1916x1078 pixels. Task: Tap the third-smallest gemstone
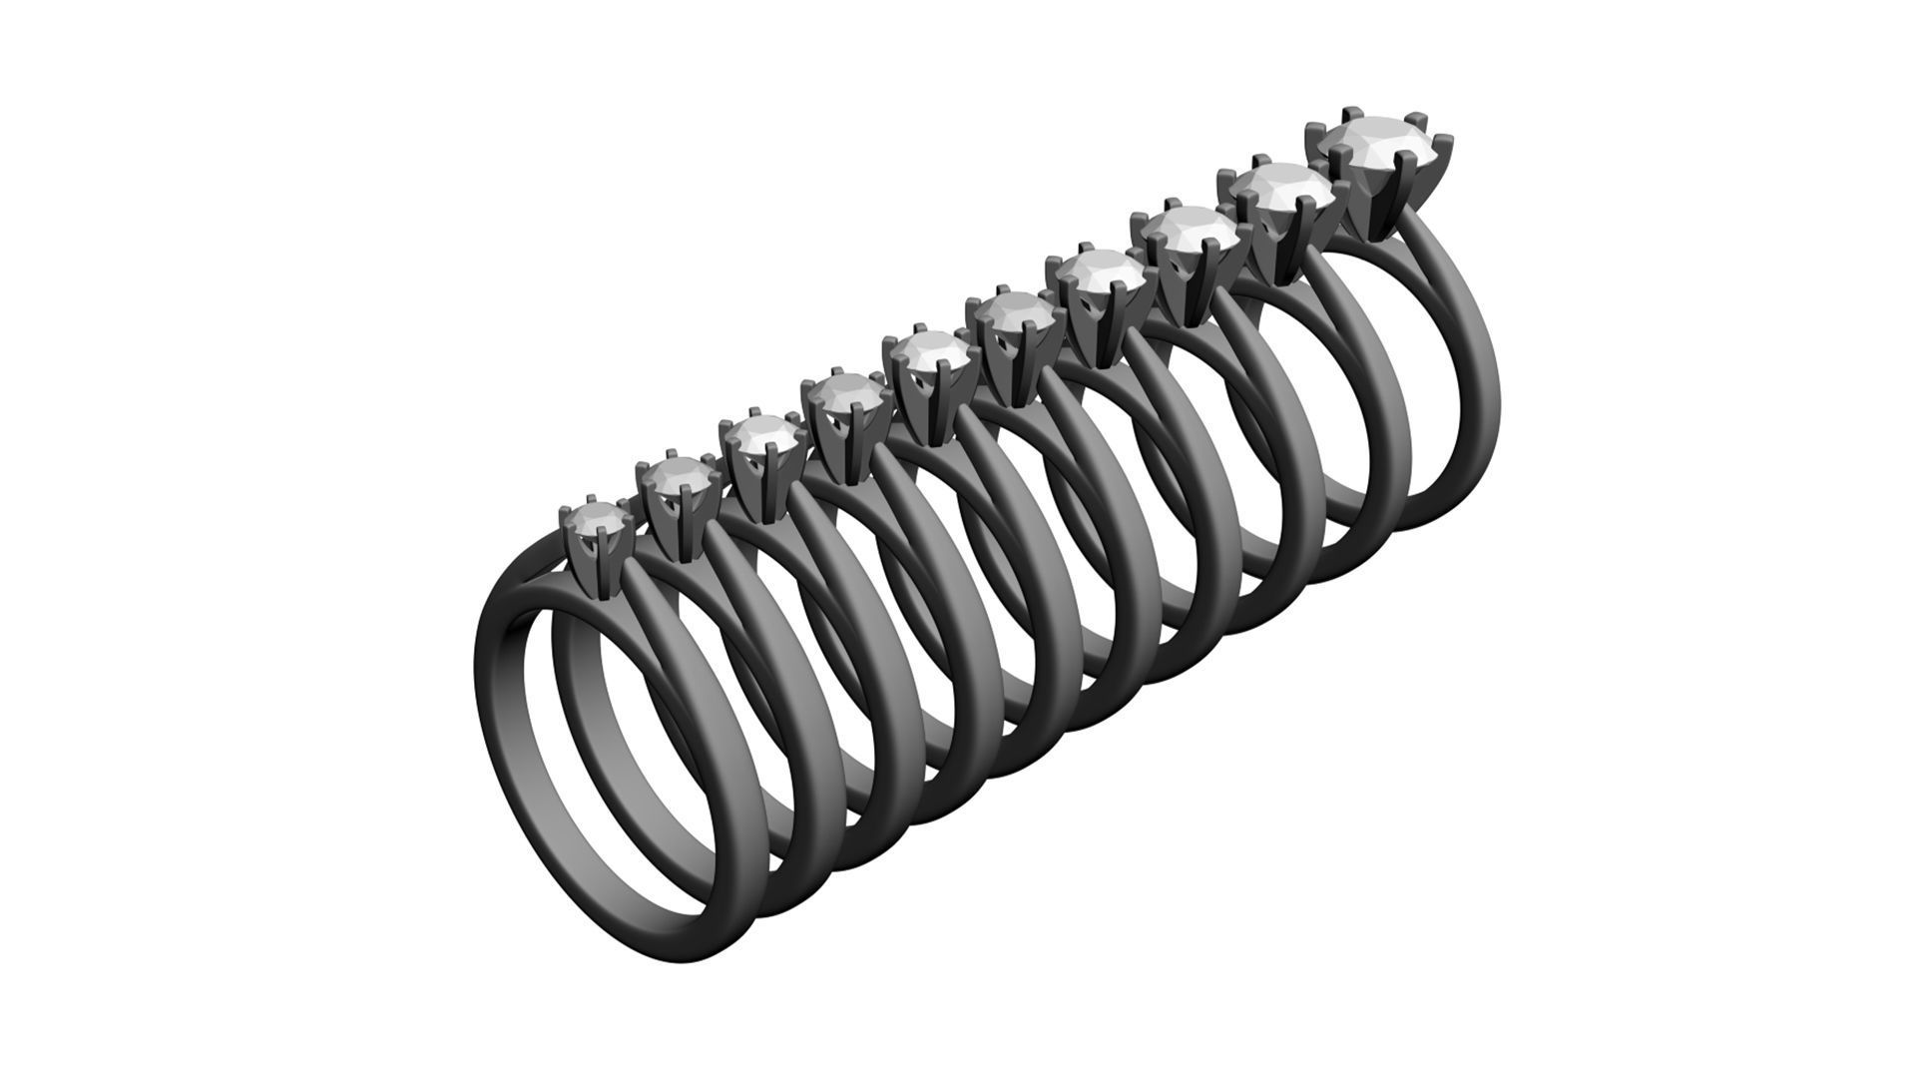click(760, 434)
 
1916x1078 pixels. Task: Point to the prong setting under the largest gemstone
click(1382, 205)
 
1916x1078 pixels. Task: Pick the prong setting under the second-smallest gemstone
click(679, 524)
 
